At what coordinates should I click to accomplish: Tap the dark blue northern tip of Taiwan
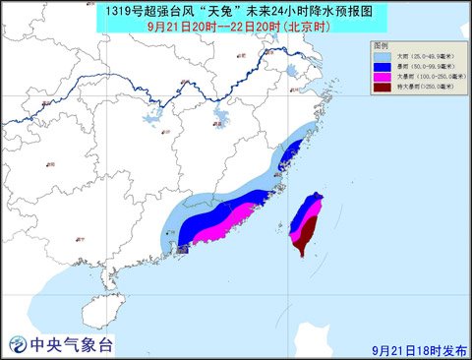(x=316, y=201)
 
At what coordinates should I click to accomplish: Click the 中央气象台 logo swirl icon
(x=18, y=344)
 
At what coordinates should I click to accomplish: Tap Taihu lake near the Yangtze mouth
(x=291, y=71)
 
